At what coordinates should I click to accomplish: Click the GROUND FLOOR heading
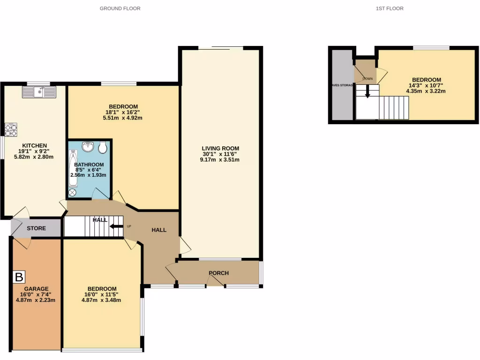pyautogui.click(x=120, y=8)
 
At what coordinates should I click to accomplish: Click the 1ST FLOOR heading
pyautogui.click(x=390, y=8)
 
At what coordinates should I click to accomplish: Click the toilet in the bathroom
pyautogui.click(x=103, y=148)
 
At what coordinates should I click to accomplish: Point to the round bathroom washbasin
pyautogui.click(x=87, y=147)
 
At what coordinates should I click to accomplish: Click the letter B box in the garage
pyautogui.click(x=19, y=277)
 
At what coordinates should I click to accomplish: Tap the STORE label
pyautogui.click(x=36, y=228)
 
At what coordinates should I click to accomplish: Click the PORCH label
pyautogui.click(x=218, y=273)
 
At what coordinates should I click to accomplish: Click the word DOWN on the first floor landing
pyautogui.click(x=367, y=79)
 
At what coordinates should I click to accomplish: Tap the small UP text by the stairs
pyautogui.click(x=129, y=227)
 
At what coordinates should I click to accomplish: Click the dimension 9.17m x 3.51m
pyautogui.click(x=219, y=160)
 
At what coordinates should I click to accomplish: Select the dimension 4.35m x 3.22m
pyautogui.click(x=426, y=91)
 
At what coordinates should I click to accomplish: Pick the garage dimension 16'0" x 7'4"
pyautogui.click(x=37, y=294)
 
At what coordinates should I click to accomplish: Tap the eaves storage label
pyautogui.click(x=342, y=85)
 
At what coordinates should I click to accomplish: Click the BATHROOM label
pyautogui.click(x=88, y=164)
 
